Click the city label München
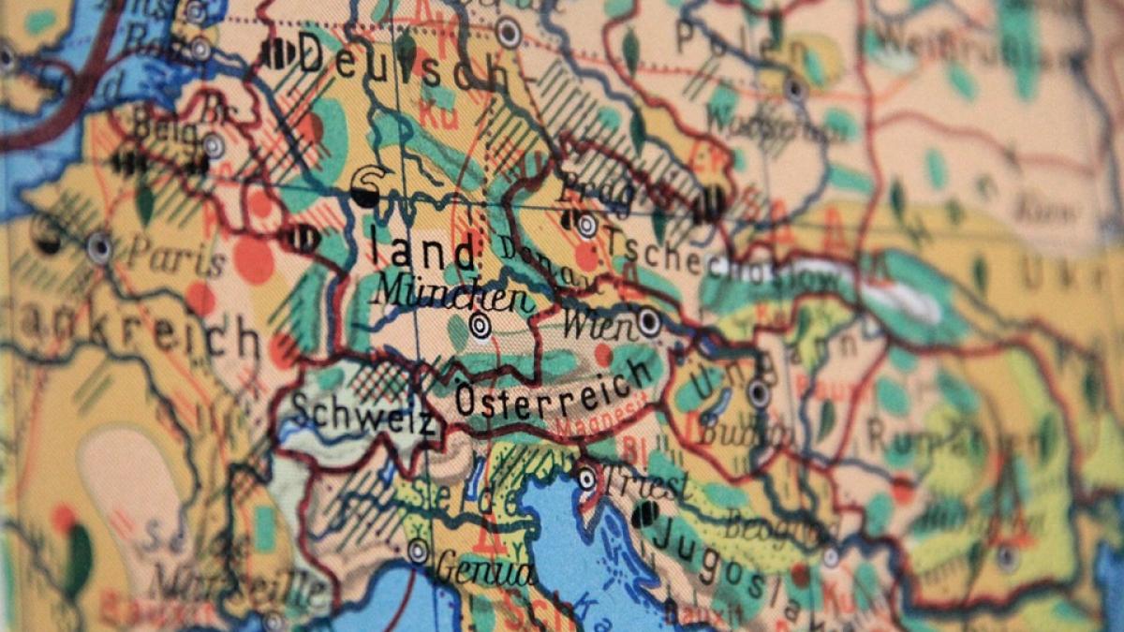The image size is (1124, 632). click(451, 296)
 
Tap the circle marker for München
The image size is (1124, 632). click(481, 326)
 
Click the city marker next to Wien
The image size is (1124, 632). click(649, 322)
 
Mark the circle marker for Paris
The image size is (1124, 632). click(99, 247)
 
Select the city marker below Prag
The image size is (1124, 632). click(587, 225)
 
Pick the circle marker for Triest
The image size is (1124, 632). click(586, 478)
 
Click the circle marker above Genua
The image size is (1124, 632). click(418, 551)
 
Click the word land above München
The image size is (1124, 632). click(421, 251)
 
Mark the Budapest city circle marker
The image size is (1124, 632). click(759, 394)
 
